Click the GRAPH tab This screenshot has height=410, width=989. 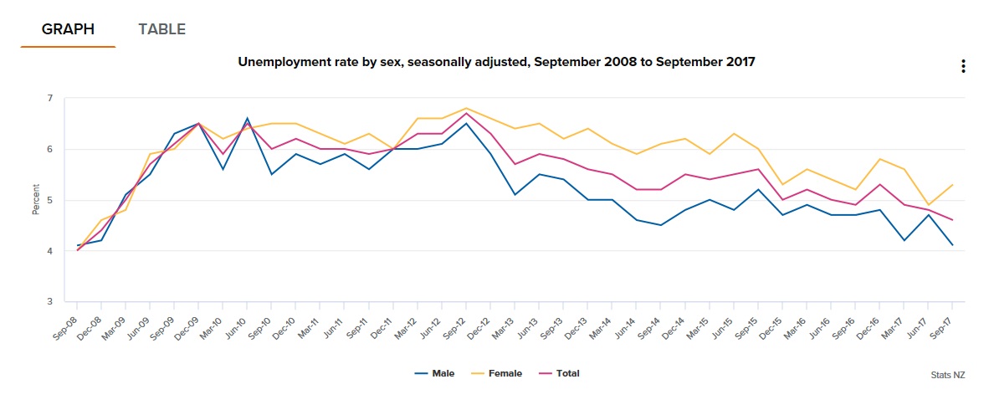coord(68,29)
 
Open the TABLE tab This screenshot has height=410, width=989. coord(161,29)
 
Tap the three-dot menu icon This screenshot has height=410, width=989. coord(963,66)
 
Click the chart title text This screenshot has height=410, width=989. coord(496,62)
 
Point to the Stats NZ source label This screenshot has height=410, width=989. coord(947,376)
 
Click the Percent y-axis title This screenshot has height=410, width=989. coord(36,200)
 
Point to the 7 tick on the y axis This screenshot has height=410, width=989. coord(49,99)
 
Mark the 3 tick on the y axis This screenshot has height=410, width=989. coord(49,302)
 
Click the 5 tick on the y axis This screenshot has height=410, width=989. coord(49,201)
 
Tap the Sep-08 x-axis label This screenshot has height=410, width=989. coord(67,318)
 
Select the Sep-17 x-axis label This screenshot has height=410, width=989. coord(943,318)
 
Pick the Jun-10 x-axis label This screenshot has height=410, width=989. coord(237,318)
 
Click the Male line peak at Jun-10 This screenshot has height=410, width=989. coord(247,119)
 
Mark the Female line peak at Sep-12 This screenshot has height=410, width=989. coord(466,109)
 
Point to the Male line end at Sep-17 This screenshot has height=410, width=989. coord(952,245)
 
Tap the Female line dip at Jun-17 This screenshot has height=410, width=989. coord(928,205)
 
